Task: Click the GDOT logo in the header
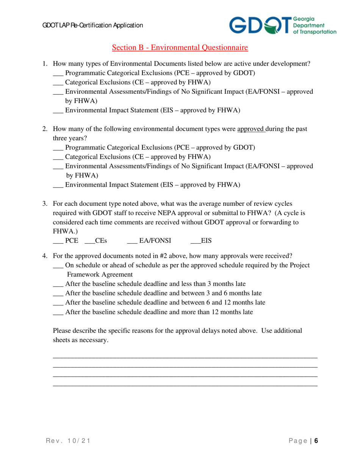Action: [282, 25]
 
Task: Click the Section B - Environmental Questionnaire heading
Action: [180, 47]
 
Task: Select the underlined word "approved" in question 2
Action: [250, 129]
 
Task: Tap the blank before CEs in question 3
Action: [89, 241]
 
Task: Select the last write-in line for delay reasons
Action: [185, 386]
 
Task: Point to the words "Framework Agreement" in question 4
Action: [100, 275]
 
